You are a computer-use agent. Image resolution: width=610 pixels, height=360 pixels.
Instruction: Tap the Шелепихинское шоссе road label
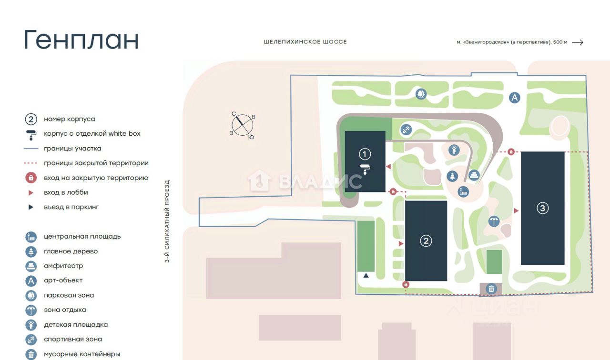(305, 42)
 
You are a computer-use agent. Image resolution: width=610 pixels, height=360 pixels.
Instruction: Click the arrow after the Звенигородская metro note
(577, 42)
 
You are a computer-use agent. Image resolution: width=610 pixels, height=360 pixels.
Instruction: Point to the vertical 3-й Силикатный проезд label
(167, 221)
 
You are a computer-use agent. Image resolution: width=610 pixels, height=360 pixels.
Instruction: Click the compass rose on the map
(243, 125)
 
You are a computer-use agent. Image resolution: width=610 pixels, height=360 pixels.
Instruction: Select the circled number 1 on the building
(365, 154)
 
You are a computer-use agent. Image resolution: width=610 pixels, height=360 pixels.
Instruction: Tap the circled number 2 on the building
(426, 241)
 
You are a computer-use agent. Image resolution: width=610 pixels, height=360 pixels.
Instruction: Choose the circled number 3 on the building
(542, 208)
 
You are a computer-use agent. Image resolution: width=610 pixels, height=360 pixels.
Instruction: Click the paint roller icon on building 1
(365, 169)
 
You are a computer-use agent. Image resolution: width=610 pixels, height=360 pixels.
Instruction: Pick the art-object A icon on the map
(514, 98)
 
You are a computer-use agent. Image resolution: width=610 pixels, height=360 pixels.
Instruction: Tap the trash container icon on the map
(491, 289)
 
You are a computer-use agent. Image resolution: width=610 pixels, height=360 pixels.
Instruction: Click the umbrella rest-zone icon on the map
(494, 221)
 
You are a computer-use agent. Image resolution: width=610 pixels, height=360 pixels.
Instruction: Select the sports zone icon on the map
(406, 129)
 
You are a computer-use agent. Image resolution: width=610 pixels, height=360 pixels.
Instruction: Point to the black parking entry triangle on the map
(366, 275)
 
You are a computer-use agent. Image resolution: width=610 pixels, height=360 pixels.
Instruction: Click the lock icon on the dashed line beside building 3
(511, 151)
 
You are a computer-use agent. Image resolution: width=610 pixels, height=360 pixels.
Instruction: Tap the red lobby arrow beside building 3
(516, 210)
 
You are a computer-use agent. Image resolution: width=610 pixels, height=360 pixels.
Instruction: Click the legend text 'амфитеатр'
(63, 266)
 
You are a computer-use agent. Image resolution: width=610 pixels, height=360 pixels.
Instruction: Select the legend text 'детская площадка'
(76, 325)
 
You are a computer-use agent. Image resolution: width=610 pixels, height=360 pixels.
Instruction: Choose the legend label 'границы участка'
(72, 149)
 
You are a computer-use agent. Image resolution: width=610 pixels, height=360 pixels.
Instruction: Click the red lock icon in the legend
(31, 178)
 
